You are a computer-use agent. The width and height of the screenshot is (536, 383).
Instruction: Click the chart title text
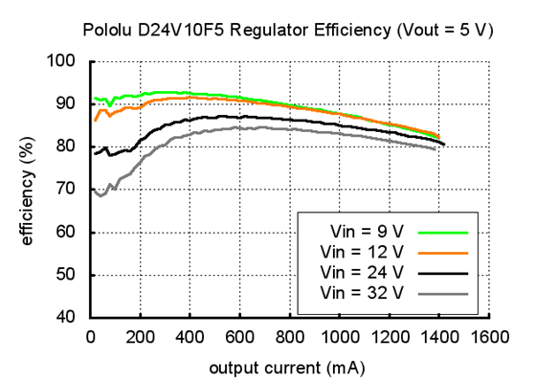[287, 30]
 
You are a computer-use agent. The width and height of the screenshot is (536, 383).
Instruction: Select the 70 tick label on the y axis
[65, 190]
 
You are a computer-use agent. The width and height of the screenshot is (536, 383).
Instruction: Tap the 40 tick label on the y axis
[65, 318]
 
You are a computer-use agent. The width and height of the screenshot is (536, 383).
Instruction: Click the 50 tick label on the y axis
[65, 276]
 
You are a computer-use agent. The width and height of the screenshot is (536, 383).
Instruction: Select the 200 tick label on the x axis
[140, 337]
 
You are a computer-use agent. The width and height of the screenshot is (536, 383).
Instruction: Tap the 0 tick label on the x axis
[90, 337]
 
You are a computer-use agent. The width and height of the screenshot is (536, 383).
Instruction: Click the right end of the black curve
[444, 145]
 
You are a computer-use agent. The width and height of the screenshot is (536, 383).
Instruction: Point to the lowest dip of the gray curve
[100, 195]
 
